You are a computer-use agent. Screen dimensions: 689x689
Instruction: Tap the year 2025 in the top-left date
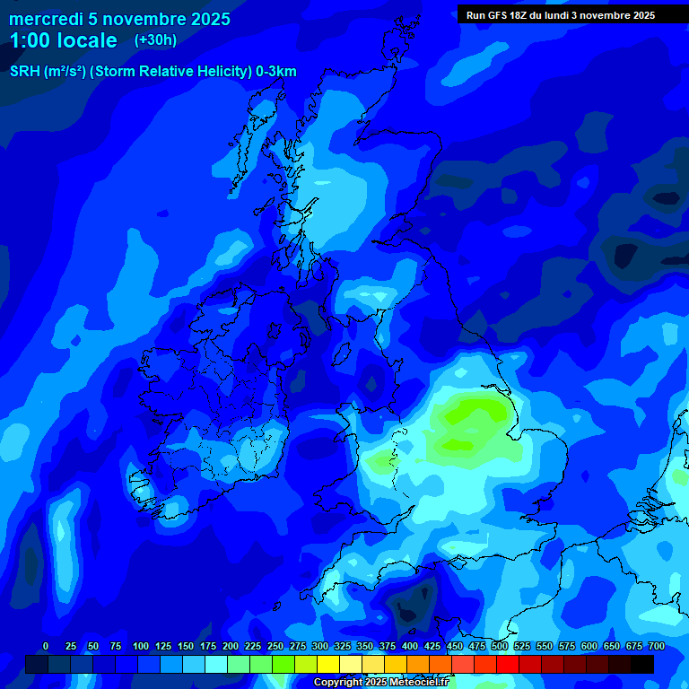[x=209, y=19]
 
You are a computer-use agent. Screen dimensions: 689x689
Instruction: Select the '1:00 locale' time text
[x=64, y=40]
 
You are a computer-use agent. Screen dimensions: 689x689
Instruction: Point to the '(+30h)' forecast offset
[x=155, y=40]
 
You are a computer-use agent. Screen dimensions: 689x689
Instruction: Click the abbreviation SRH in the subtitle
[x=24, y=72]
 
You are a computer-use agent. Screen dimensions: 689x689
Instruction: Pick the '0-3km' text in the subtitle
[x=276, y=72]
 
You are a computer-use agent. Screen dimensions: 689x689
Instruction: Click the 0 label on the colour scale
[x=46, y=646]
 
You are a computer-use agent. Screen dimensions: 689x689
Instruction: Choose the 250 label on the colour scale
[x=275, y=646]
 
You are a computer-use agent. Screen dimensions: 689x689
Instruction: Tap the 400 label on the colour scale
[x=409, y=646]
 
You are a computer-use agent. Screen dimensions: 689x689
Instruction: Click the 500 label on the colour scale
[x=499, y=646]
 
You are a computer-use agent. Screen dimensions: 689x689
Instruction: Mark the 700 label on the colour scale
[x=656, y=646]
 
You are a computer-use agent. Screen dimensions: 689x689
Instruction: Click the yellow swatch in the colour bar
[x=328, y=664]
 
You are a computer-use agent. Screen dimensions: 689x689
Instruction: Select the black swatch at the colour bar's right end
[x=642, y=664]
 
